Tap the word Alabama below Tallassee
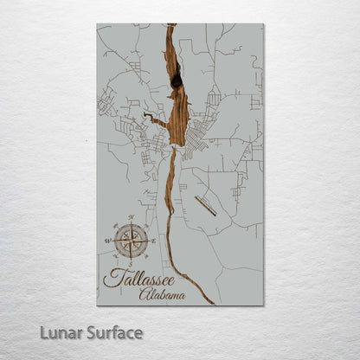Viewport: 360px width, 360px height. pos(162,294)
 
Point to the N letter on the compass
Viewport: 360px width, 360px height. pos(131,215)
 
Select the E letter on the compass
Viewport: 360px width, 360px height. pos(154,241)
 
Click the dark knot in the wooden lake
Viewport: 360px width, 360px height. pos(177,81)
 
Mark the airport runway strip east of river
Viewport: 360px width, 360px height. pos(206,205)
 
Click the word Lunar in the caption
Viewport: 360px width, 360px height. pos(65,332)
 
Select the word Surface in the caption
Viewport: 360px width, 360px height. pos(114,332)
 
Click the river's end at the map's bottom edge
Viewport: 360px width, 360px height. pos(212,303)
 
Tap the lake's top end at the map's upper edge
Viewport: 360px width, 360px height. pos(170,26)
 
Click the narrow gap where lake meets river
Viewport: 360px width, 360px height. pos(173,149)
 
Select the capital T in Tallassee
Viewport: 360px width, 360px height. pos(110,277)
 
